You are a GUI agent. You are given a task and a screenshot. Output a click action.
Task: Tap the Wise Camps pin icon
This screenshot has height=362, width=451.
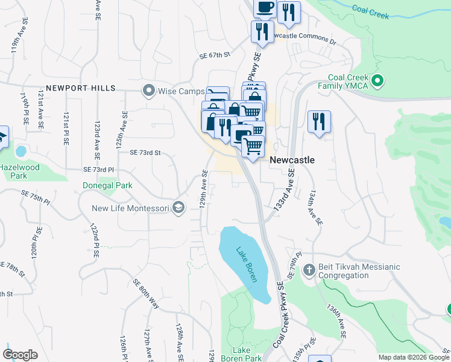[x=148, y=91]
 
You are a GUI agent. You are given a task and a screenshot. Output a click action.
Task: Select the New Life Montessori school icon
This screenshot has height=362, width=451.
[x=178, y=208]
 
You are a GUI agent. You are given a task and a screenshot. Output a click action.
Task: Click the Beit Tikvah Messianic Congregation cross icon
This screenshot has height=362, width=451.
[x=309, y=270]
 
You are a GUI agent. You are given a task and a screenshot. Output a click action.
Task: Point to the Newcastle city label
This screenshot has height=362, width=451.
[x=292, y=160]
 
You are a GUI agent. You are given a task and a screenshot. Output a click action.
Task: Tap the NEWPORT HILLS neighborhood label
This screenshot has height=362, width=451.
[x=79, y=88]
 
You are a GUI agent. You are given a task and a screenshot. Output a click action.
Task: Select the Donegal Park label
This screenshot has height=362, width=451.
[x=107, y=186]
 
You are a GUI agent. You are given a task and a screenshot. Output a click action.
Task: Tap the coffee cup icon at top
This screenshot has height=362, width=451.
[x=265, y=7]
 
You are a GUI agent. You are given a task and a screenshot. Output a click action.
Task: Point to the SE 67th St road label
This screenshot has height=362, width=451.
[x=215, y=55]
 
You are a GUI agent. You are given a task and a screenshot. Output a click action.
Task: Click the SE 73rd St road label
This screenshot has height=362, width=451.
[x=145, y=153]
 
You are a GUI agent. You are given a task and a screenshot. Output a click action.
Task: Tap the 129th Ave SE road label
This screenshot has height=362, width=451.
[x=204, y=189]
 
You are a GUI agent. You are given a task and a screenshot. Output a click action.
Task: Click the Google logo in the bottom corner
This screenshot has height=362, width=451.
[x=20, y=355]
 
